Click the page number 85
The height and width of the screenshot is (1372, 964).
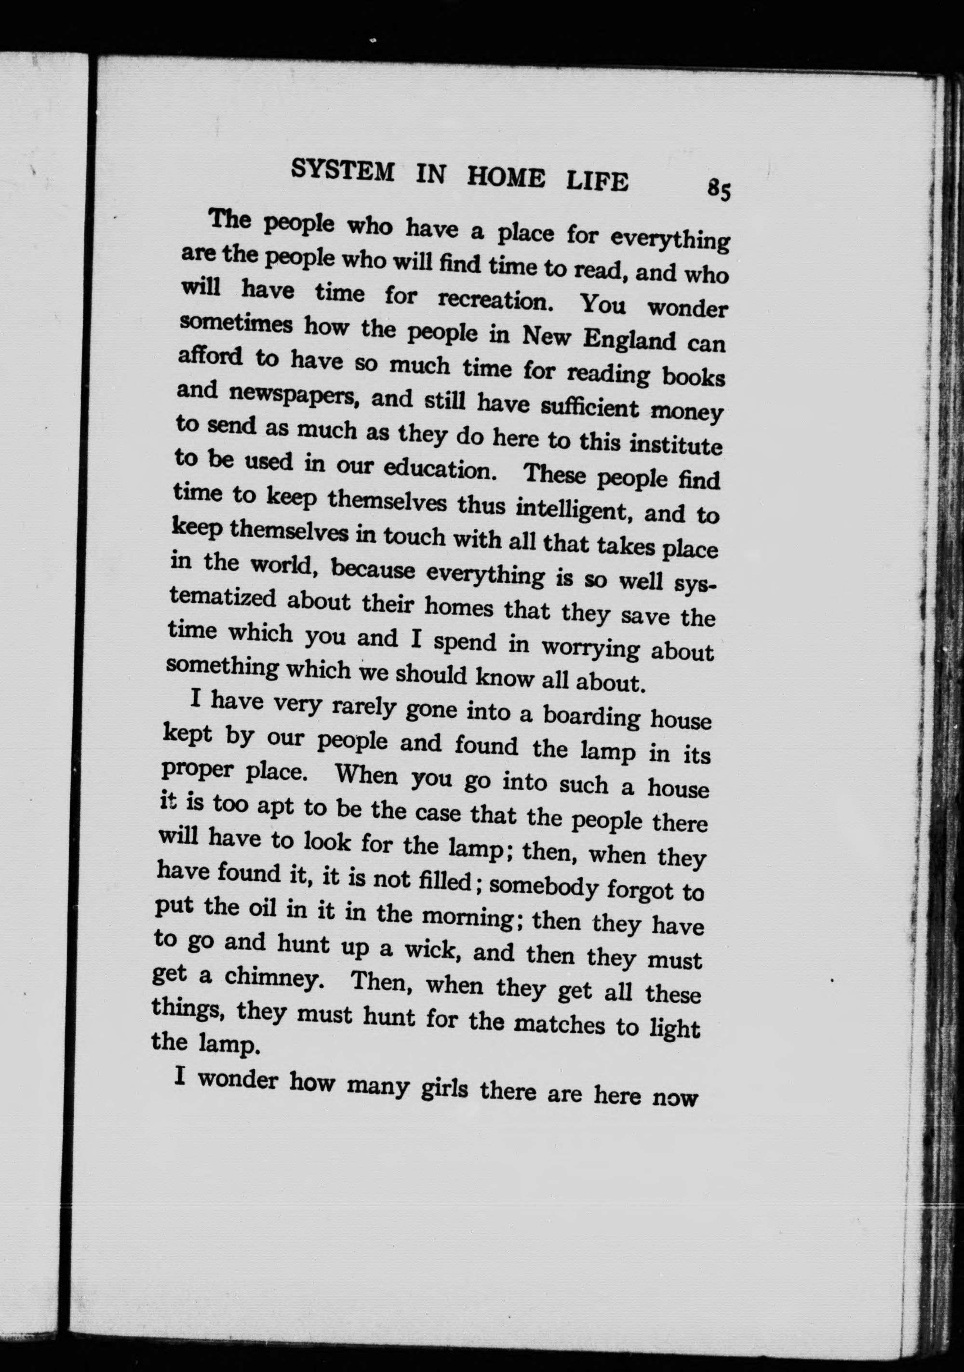point(718,190)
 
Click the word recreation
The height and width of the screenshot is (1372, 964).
point(493,299)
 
